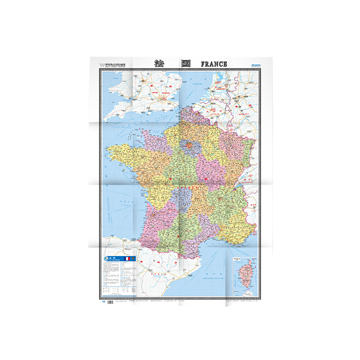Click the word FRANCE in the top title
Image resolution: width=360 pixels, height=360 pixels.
coord(214,64)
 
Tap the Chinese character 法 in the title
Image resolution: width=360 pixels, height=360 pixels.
coord(164,63)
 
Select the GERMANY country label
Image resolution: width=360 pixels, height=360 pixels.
coord(243,116)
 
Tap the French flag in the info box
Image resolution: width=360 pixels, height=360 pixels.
coord(127,260)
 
